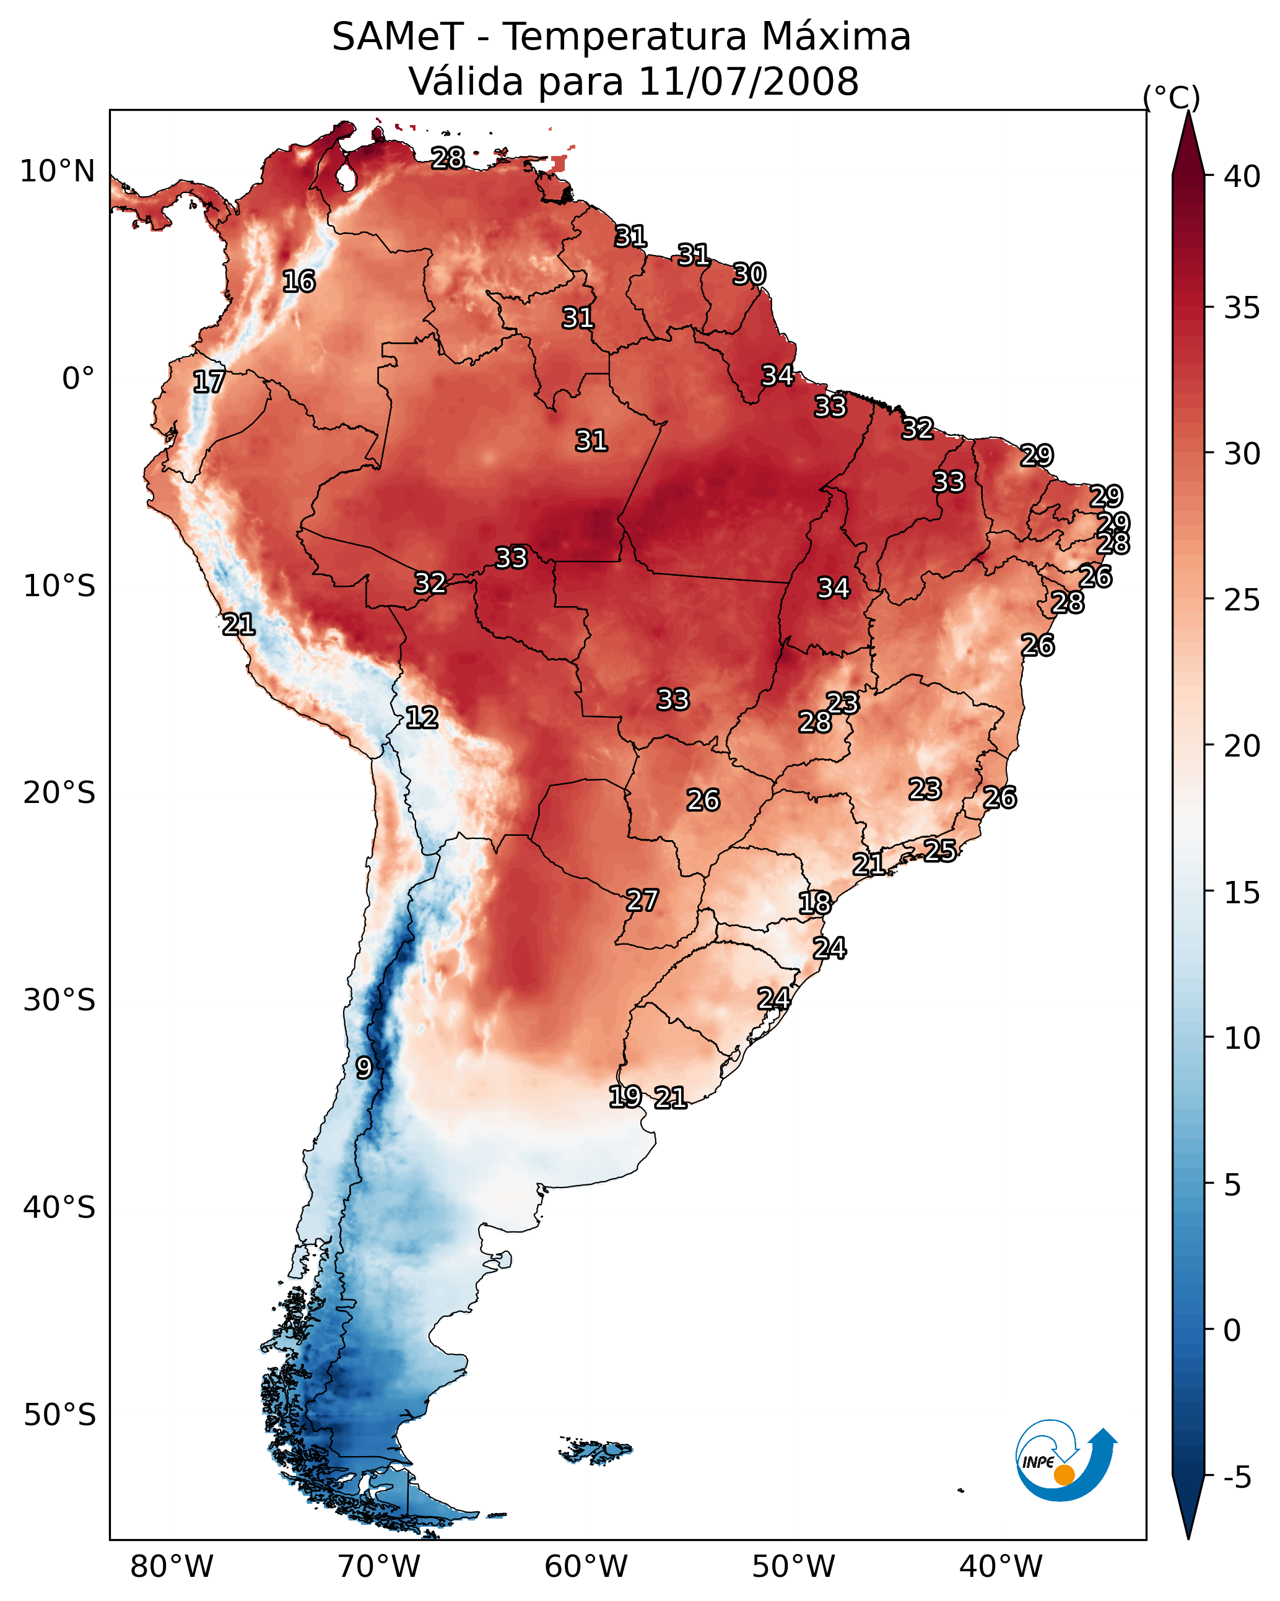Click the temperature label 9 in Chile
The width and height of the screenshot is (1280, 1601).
click(x=364, y=1067)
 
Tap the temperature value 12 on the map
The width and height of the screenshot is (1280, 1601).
click(x=422, y=718)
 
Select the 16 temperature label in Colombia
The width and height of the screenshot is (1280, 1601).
click(x=298, y=282)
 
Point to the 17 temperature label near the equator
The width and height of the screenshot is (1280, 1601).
click(x=209, y=382)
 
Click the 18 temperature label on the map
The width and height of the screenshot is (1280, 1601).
click(x=815, y=903)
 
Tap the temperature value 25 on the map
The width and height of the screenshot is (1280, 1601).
click(x=940, y=850)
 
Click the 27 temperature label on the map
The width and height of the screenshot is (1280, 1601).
click(x=642, y=901)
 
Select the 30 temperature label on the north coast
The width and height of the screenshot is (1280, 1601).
click(x=749, y=275)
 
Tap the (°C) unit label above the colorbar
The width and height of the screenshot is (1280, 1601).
click(x=1172, y=97)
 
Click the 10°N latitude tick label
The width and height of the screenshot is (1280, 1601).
click(x=57, y=171)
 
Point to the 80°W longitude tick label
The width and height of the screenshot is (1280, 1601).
click(x=172, y=1567)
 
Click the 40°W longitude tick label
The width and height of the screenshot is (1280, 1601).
click(x=1001, y=1567)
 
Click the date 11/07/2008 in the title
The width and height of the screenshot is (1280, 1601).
click(x=748, y=81)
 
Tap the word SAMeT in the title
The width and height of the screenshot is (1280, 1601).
click(x=398, y=37)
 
